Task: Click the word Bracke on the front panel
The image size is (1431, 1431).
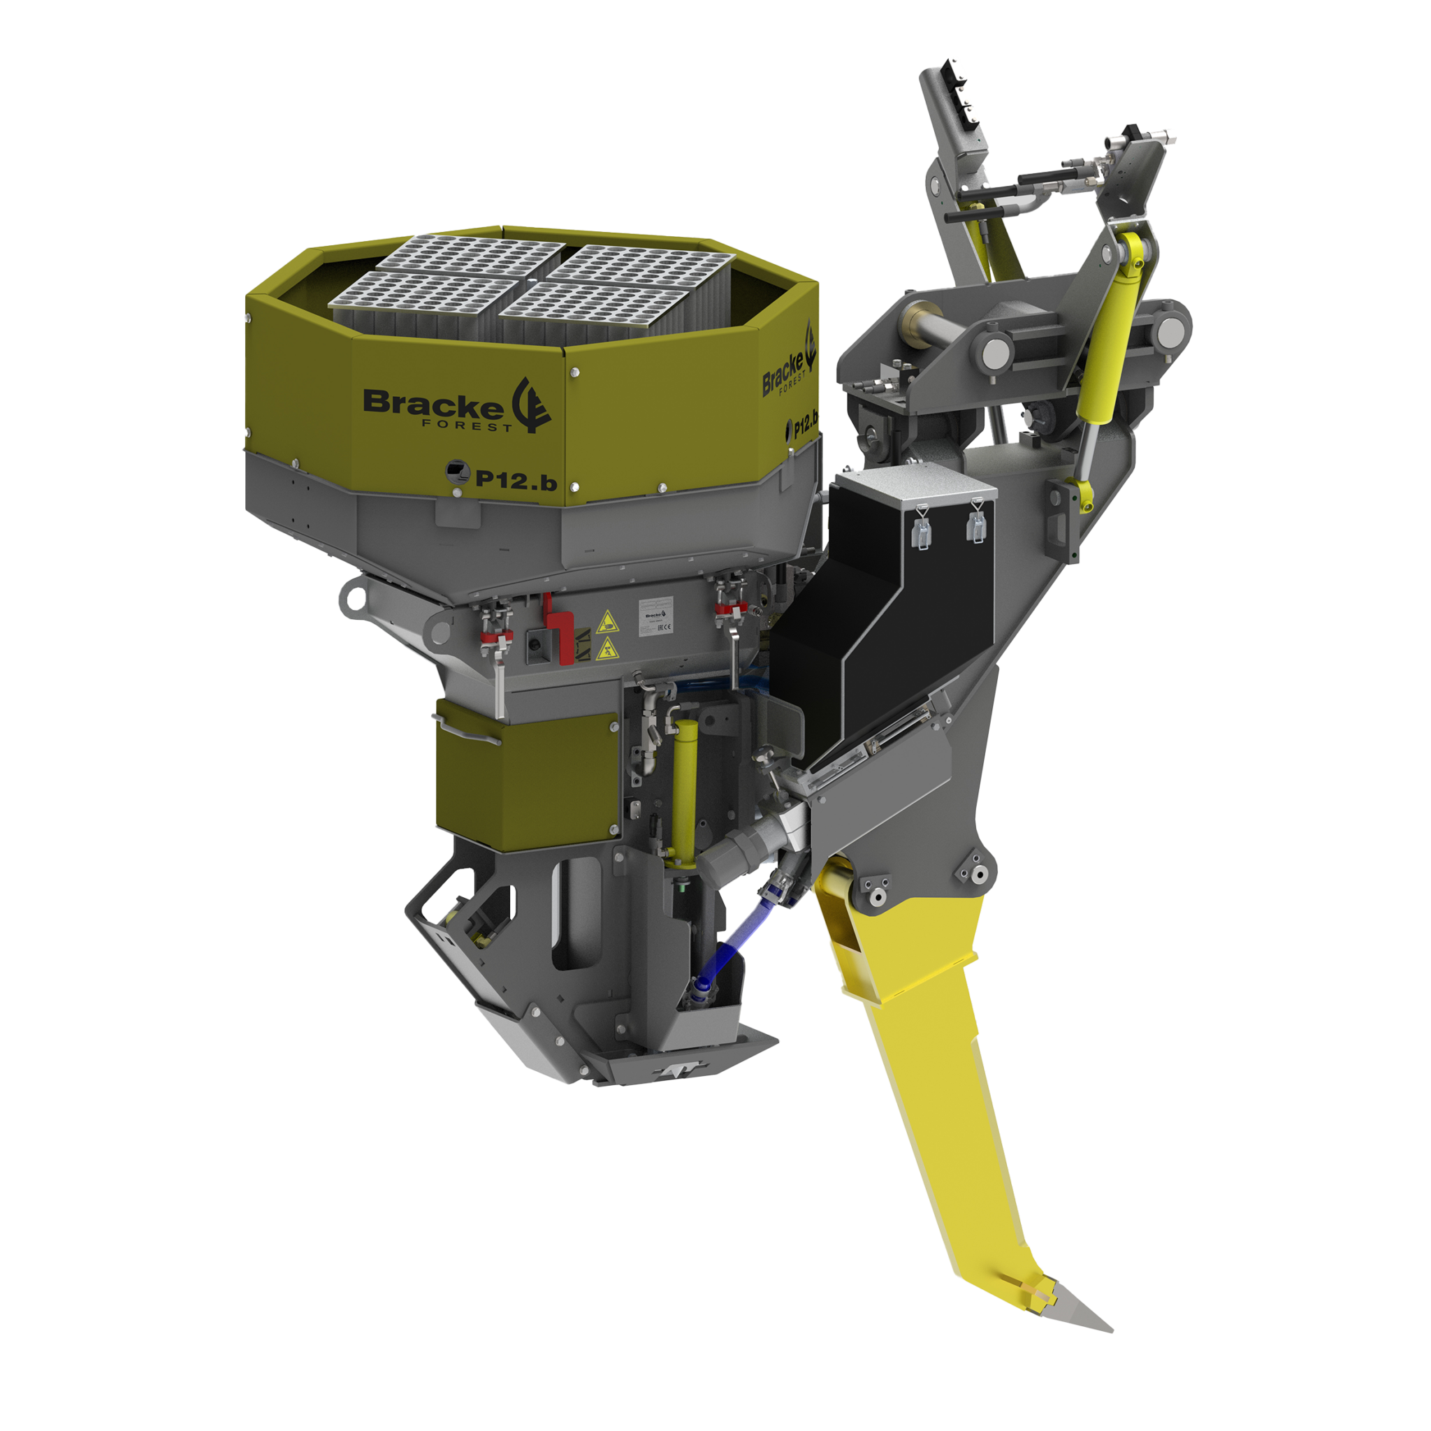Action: point(432,405)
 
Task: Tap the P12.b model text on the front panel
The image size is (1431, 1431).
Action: point(516,481)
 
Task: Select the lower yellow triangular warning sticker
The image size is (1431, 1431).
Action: point(607,650)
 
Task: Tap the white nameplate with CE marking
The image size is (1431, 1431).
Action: point(655,618)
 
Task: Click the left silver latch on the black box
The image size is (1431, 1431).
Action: point(922,527)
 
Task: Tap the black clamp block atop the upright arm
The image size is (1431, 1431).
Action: point(962,88)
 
